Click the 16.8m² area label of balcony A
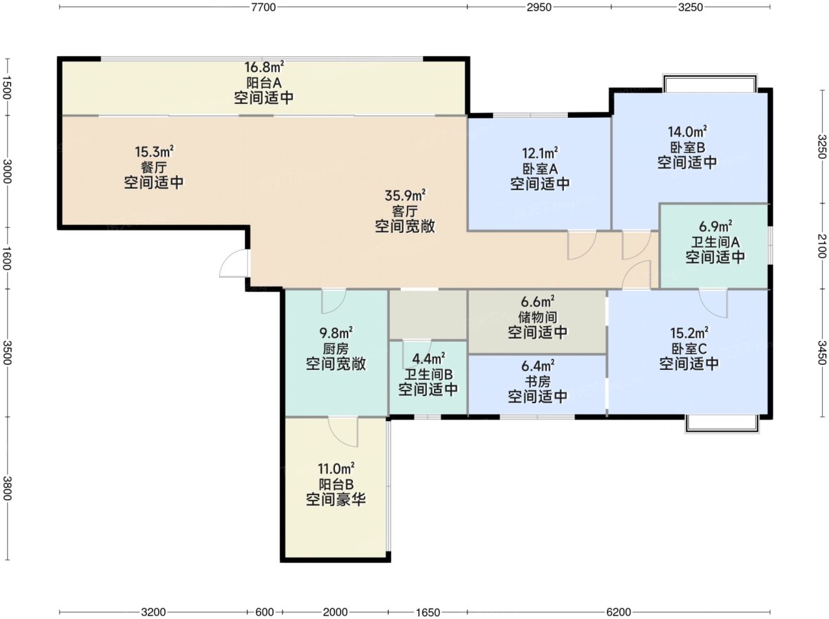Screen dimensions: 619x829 coord(264,67)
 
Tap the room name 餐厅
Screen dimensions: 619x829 coord(153,167)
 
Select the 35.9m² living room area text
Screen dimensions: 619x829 coord(404,195)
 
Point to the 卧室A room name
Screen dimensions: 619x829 coord(540,169)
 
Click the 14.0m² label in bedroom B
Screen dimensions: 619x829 coord(687,132)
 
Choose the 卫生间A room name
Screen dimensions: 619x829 coord(715,242)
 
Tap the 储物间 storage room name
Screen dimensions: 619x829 coord(537,317)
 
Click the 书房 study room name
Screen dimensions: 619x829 coord(537,381)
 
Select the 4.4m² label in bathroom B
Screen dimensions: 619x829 coord(428,359)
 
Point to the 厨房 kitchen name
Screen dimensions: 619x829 coord(336,349)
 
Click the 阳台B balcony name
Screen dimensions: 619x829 coord(336,484)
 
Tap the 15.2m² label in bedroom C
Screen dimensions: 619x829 coord(689,333)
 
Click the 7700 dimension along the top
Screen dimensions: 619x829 coord(263,7)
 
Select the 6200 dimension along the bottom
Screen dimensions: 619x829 coord(619,611)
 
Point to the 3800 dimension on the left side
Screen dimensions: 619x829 coord(7,488)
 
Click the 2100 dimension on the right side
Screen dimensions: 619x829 coord(821,246)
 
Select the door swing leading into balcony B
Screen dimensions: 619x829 coord(343,431)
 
